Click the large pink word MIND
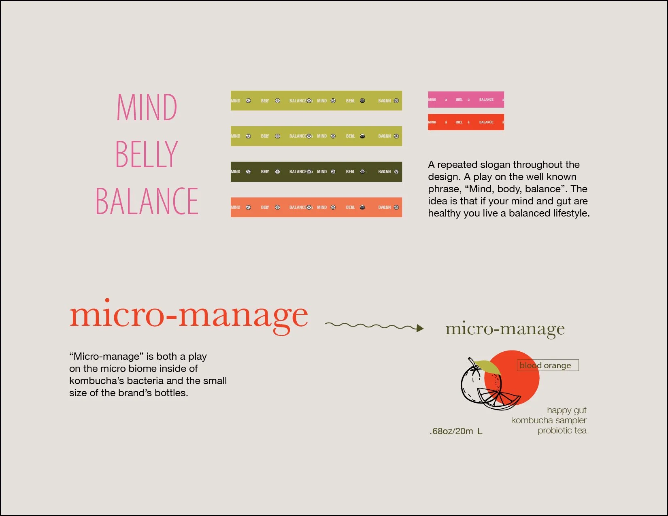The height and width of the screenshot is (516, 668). (147, 107)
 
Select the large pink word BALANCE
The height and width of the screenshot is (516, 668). (147, 201)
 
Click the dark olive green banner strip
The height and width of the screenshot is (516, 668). (316, 172)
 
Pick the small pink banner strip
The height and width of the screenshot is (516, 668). (466, 100)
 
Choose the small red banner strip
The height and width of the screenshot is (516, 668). (466, 122)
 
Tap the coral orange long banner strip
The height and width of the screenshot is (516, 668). (316, 207)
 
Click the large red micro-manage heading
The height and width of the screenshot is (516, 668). (189, 316)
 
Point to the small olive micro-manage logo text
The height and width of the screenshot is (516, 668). (505, 329)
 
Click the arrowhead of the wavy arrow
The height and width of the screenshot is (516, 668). (420, 328)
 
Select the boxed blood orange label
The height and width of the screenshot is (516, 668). (547, 365)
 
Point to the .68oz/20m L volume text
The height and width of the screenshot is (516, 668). (456, 431)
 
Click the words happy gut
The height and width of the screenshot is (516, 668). (566, 410)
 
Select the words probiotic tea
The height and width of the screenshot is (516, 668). (562, 431)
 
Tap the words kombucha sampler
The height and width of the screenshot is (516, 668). (549, 420)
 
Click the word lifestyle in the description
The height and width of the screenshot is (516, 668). (571, 213)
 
